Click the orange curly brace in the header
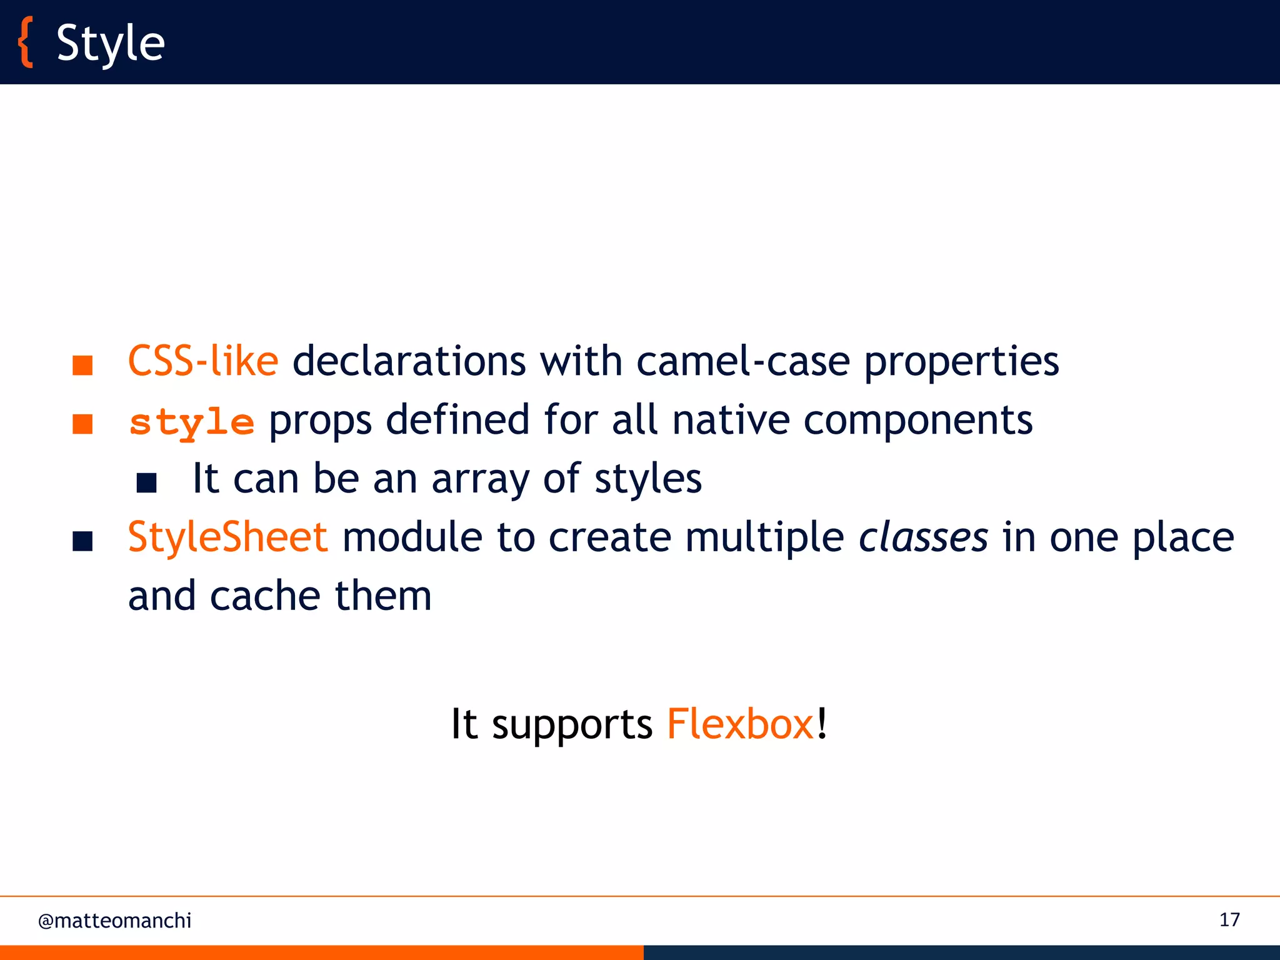pos(25,42)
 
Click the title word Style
pos(111,44)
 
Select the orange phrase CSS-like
pos(202,361)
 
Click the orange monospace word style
pos(191,422)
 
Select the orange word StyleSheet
pos(227,537)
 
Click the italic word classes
pos(923,538)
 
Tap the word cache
pos(265,596)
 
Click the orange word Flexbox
pos(740,724)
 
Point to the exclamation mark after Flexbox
pos(822,723)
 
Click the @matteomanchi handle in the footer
pos(115,921)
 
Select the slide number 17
pos(1229,920)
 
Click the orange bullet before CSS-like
pos(82,365)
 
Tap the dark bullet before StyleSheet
pos(82,541)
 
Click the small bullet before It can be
pos(146,482)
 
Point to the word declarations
pos(409,361)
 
